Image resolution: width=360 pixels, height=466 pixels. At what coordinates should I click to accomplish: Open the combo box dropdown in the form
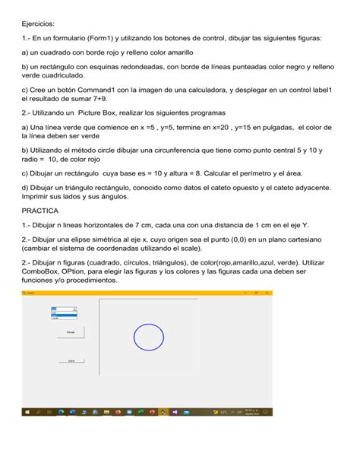tap(74, 309)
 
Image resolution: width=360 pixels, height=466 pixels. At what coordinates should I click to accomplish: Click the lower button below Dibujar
tap(71, 360)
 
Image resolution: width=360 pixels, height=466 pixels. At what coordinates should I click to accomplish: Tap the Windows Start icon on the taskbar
tap(27, 412)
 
